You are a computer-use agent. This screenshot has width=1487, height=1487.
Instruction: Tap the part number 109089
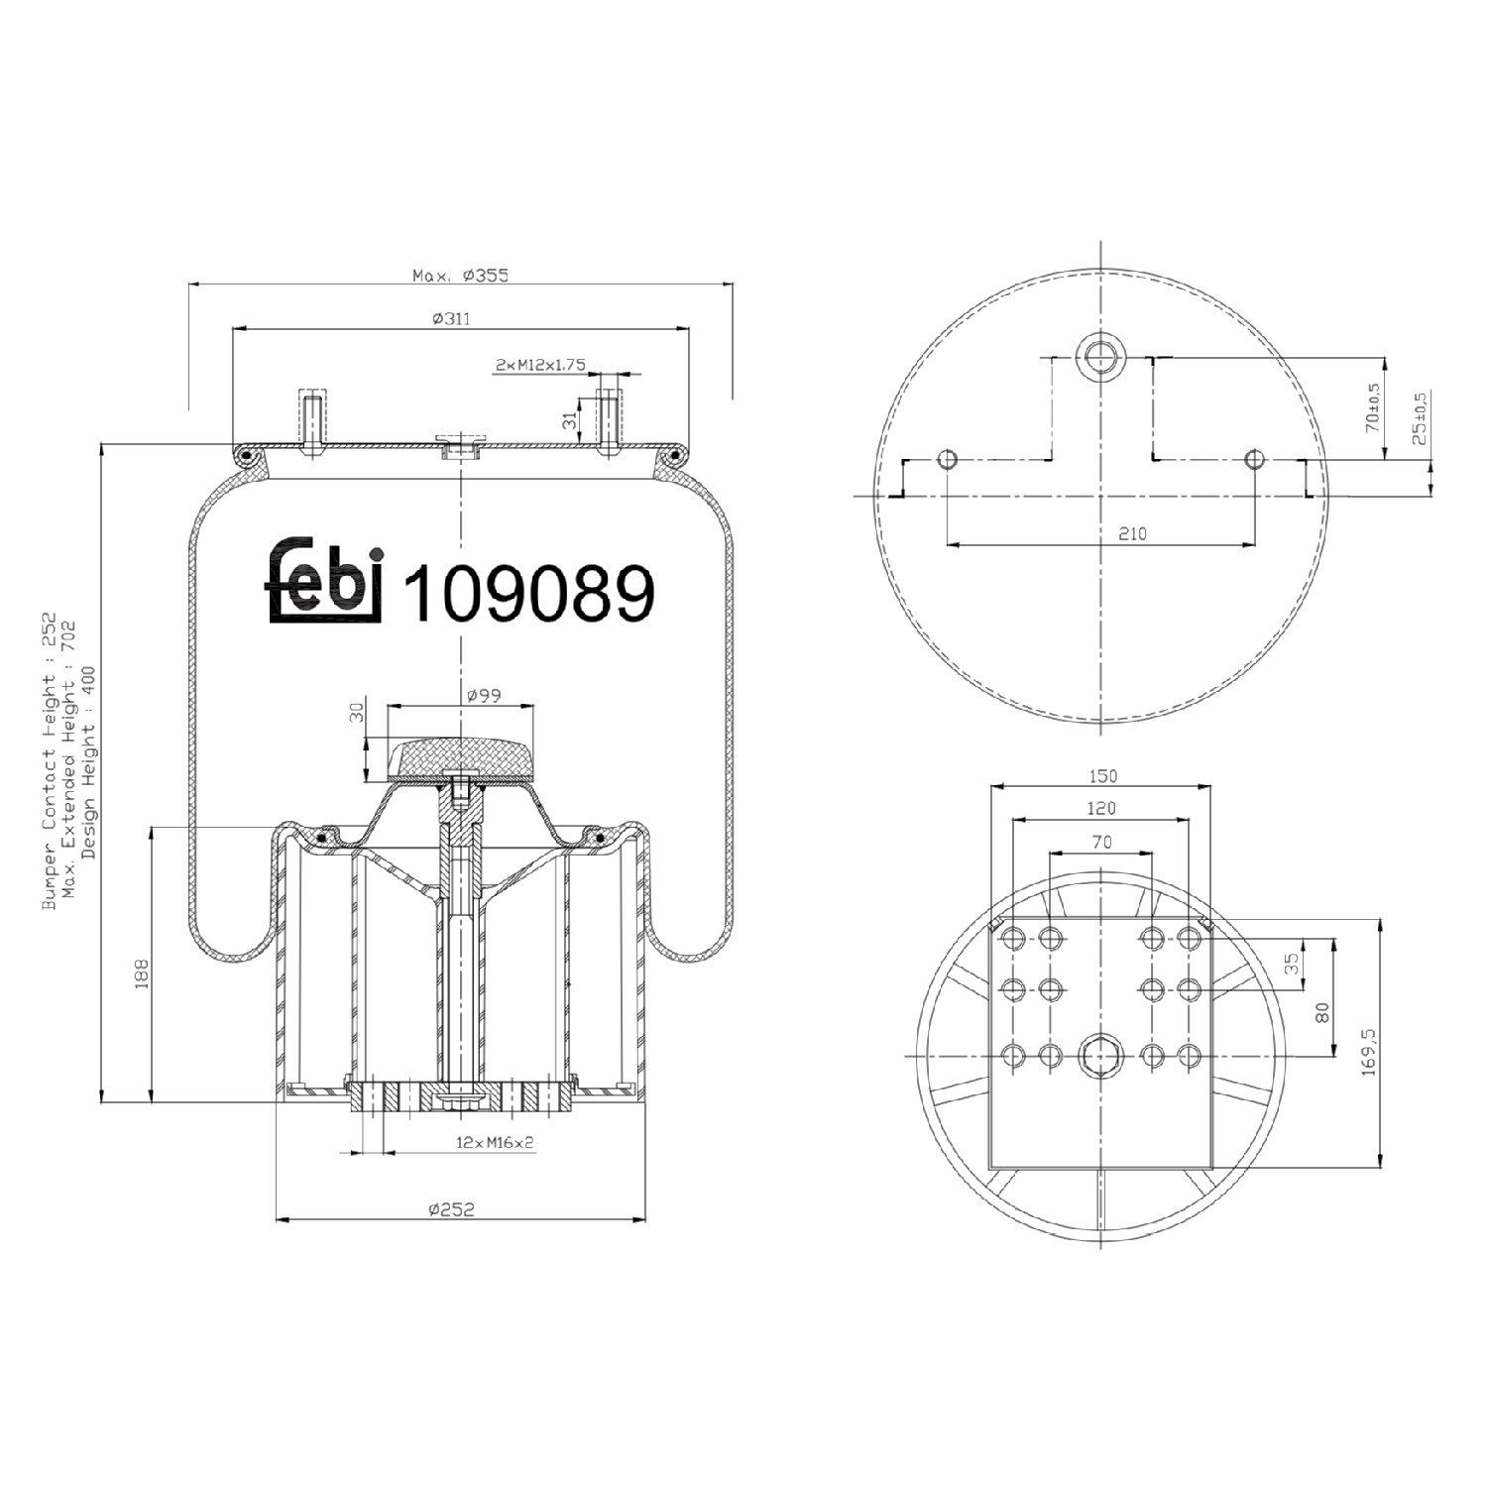pos(530,594)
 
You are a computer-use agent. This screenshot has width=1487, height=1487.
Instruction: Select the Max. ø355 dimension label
pos(460,276)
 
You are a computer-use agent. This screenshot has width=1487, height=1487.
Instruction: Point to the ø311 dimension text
pos(451,319)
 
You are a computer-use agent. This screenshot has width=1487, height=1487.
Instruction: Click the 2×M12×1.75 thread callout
pos(540,365)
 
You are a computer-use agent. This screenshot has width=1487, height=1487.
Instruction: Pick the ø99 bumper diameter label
pos(484,696)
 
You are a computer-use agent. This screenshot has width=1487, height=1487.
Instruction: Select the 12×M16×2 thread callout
pos(495,1142)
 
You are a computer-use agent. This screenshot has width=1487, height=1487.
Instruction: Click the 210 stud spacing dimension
pos(1132,533)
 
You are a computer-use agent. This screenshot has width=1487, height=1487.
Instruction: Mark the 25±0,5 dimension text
pos(1420,418)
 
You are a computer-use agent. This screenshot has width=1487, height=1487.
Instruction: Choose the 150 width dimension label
pos(1102,776)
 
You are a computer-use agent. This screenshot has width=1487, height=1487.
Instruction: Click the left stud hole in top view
pos(947,460)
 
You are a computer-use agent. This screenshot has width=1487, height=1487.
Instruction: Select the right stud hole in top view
pos(1255,460)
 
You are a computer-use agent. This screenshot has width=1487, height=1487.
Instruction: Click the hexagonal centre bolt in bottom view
pos(1099,1056)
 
